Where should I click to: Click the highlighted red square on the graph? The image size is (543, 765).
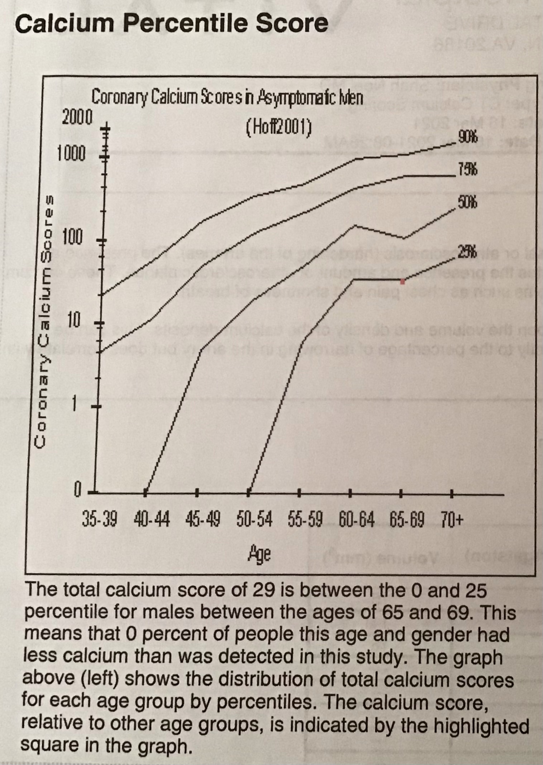pos(403,282)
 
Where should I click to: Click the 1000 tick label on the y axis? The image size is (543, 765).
pos(71,154)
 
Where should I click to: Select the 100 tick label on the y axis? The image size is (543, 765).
pos(73,237)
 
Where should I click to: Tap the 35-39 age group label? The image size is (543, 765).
pos(99,519)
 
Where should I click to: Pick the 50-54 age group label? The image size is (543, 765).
pos(254,519)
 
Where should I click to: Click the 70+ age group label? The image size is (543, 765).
pos(452,519)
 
